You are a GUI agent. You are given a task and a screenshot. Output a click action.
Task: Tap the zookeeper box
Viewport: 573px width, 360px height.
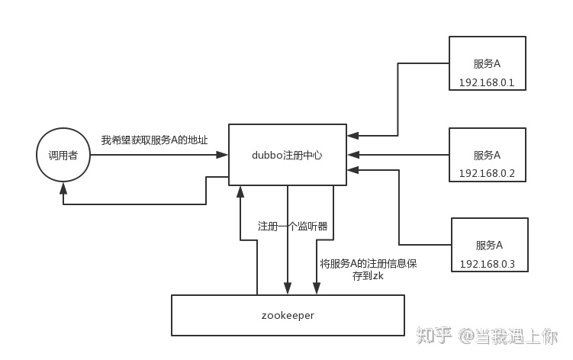(287, 315)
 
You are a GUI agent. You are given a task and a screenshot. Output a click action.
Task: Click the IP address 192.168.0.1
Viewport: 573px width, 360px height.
(487, 82)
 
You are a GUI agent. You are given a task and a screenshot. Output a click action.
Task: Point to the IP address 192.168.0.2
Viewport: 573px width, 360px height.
(487, 173)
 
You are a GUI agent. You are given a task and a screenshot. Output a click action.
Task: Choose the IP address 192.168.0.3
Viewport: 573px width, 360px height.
(488, 264)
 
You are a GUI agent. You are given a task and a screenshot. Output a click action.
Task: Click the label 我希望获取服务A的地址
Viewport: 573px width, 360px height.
(154, 141)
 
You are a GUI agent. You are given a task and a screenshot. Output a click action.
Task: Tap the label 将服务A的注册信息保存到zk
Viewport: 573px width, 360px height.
(369, 270)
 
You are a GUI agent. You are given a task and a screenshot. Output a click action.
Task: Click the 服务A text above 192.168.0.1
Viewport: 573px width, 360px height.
(487, 63)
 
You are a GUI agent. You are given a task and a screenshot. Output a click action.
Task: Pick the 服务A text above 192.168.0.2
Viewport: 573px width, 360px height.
(487, 155)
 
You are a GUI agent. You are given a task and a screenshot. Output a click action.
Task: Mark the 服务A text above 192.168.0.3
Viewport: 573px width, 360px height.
(488, 245)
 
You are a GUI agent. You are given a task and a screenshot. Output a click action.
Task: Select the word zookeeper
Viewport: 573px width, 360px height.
(287, 315)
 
